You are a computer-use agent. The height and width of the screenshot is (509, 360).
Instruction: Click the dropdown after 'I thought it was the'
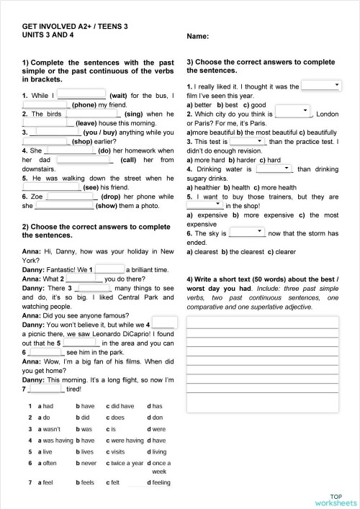coord(321,86)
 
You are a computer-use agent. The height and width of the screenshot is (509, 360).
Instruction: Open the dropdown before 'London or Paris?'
coord(292,112)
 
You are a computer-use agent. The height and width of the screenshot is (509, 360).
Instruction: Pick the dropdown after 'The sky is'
coord(247,233)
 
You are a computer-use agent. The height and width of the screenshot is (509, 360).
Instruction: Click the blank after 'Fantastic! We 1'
coord(109,268)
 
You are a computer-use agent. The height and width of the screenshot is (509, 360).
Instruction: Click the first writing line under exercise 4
coord(262,321)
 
